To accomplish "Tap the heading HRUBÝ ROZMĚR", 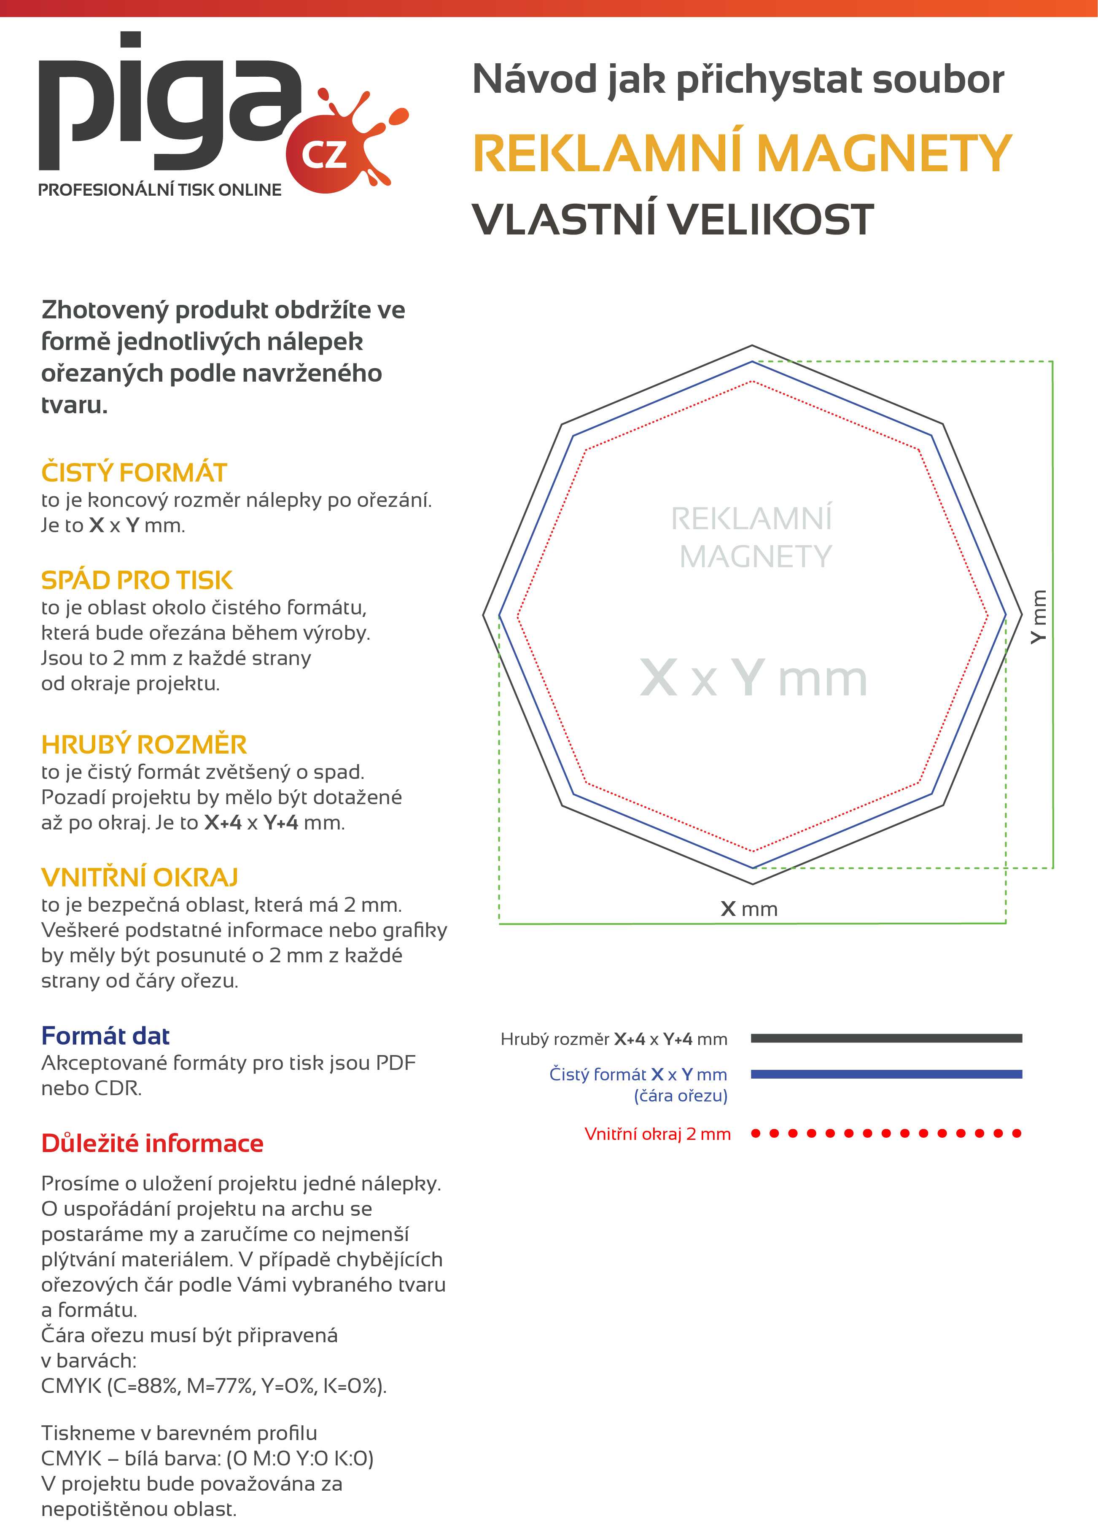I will [144, 745].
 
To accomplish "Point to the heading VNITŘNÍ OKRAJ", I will [139, 877].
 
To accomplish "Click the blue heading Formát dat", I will [105, 1036].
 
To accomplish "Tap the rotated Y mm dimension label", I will [1039, 616].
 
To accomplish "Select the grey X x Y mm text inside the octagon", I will [753, 678].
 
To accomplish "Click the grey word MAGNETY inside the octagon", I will [755, 556].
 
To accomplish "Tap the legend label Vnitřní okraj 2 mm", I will [657, 1134].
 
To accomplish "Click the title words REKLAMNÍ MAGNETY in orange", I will [742, 153].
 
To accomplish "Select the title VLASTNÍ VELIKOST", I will [673, 220].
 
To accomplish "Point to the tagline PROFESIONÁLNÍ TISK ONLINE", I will [160, 190].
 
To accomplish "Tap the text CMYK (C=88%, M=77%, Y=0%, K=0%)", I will [214, 1386].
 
